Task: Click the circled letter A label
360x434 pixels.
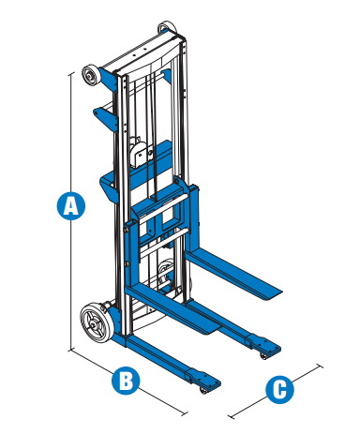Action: pos(71,205)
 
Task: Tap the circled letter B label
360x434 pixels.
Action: pos(126,381)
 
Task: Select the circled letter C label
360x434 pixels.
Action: pos(279,389)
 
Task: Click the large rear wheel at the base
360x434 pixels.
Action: pos(97,323)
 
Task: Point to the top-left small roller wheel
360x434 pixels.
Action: pos(91,75)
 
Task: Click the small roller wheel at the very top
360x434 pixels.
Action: pos(167,27)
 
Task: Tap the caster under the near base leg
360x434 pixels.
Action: pos(204,390)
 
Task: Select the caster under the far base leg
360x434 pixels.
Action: pos(264,356)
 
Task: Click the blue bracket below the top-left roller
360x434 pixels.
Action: pos(107,118)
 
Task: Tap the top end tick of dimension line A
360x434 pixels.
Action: pos(71,74)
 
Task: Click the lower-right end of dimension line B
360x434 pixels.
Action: pos(185,413)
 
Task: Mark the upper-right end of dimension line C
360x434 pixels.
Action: pos(319,366)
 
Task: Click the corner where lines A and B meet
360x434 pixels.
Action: pos(71,350)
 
